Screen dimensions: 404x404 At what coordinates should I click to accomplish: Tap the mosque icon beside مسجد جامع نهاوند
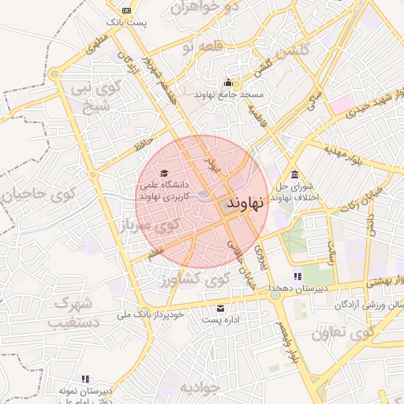228,82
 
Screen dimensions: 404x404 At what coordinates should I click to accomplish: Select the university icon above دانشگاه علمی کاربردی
163,173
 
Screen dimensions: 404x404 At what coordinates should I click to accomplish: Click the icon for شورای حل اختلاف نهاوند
294,174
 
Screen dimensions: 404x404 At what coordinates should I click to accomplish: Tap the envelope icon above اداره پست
219,308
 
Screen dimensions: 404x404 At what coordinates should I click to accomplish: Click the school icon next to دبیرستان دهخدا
297,276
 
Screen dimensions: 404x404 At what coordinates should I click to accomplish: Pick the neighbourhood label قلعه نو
196,49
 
